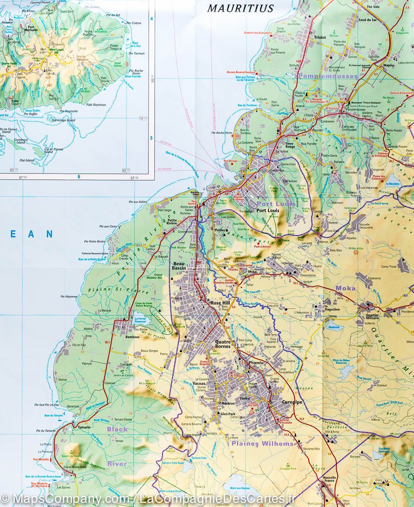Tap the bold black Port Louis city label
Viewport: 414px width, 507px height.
tap(268, 210)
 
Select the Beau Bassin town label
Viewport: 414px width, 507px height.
tap(179, 265)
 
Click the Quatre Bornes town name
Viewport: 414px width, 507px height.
tap(223, 344)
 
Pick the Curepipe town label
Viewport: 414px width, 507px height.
tap(292, 402)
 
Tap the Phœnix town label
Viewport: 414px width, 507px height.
tap(256, 362)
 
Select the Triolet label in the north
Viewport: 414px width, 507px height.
tap(320, 37)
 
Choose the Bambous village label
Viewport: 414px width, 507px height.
tap(133, 337)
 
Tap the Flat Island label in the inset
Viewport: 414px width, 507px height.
tap(27, 161)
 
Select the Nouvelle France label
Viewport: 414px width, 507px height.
tap(329, 480)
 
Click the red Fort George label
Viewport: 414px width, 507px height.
tap(231, 161)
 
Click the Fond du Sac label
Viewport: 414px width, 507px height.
tap(367, 19)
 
